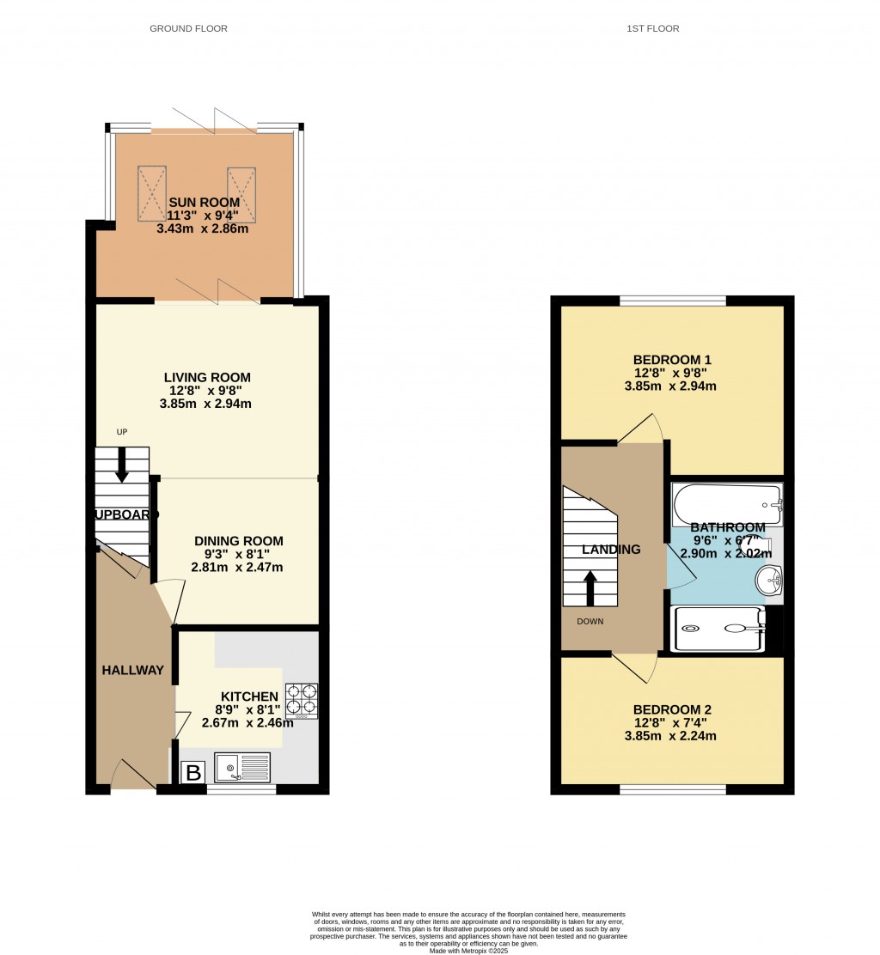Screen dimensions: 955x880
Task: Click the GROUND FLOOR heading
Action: pyautogui.click(x=188, y=28)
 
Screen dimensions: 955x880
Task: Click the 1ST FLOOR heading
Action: pyautogui.click(x=653, y=28)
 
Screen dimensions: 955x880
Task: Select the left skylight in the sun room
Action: pyautogui.click(x=152, y=194)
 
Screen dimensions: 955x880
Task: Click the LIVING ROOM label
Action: pyautogui.click(x=208, y=377)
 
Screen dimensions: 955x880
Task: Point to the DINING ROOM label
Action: pyautogui.click(x=238, y=541)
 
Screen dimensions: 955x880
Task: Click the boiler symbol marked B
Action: pyautogui.click(x=194, y=773)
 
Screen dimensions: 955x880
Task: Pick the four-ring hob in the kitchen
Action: pyautogui.click(x=302, y=700)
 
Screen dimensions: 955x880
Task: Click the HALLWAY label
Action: pyautogui.click(x=133, y=670)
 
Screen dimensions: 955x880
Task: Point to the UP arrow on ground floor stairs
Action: pyautogui.click(x=122, y=464)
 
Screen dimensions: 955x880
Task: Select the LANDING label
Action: pyautogui.click(x=611, y=550)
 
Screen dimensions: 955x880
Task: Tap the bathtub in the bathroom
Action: pyautogui.click(x=727, y=504)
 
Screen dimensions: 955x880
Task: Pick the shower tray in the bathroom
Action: pyautogui.click(x=718, y=629)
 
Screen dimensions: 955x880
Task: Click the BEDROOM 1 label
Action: pyautogui.click(x=672, y=360)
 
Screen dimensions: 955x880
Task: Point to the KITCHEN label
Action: pyautogui.click(x=249, y=696)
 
